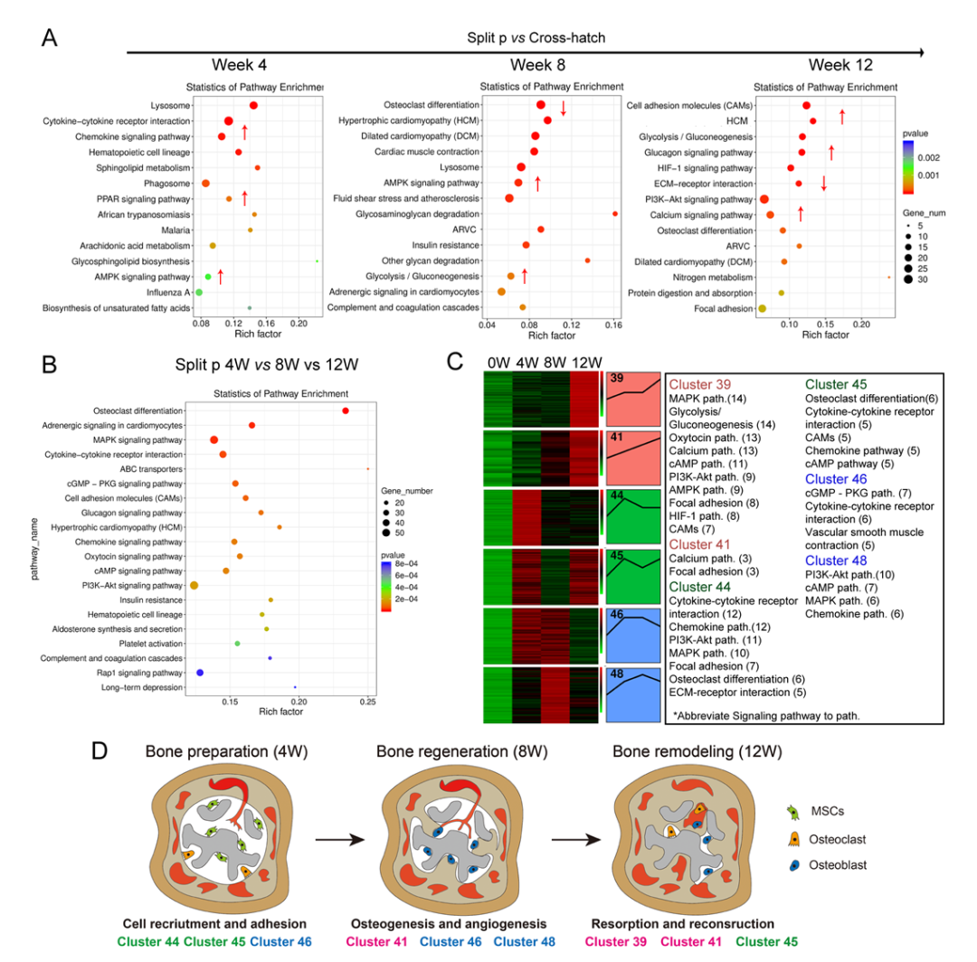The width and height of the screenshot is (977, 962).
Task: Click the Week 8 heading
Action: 539,65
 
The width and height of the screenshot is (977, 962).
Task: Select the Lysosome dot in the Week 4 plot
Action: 253,106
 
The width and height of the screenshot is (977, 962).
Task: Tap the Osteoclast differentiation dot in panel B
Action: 346,410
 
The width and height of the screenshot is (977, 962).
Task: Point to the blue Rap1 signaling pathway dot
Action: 200,673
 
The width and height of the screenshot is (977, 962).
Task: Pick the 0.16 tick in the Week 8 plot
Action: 613,324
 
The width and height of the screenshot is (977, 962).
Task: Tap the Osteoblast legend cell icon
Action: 794,865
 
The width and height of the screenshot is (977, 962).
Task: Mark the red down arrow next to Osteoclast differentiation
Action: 563,108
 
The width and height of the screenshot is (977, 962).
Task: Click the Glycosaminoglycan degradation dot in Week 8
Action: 615,213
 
